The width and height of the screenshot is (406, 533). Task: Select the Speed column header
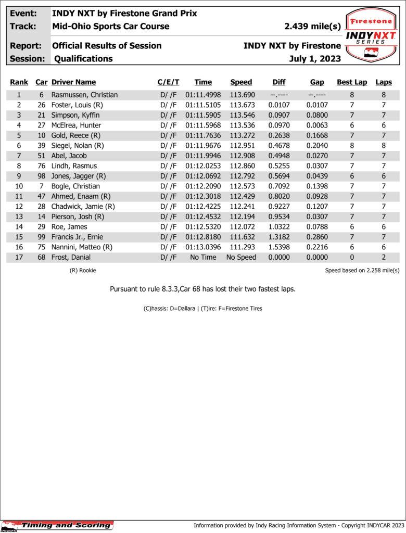coord(241,82)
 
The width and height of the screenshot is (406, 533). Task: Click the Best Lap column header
coord(352,82)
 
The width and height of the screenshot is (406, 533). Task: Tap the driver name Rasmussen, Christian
coord(84,95)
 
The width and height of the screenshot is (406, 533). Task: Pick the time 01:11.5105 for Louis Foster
coord(203,105)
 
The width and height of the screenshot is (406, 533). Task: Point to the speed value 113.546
coord(241,115)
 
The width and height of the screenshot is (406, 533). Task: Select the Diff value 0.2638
coord(279,135)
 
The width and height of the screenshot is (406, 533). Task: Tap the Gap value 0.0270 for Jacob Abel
coord(317,156)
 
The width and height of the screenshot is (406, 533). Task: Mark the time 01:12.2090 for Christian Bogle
coord(203,186)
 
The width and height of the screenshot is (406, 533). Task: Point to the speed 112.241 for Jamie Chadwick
coord(241,207)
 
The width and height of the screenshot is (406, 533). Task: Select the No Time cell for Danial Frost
coord(203,257)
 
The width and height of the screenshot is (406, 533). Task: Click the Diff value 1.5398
coord(279,247)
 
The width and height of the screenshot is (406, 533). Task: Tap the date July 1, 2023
coord(315,59)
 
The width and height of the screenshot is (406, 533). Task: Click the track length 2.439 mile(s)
coord(312,27)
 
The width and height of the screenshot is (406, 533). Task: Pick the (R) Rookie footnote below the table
coord(83,271)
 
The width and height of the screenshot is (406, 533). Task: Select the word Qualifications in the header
coord(83,59)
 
